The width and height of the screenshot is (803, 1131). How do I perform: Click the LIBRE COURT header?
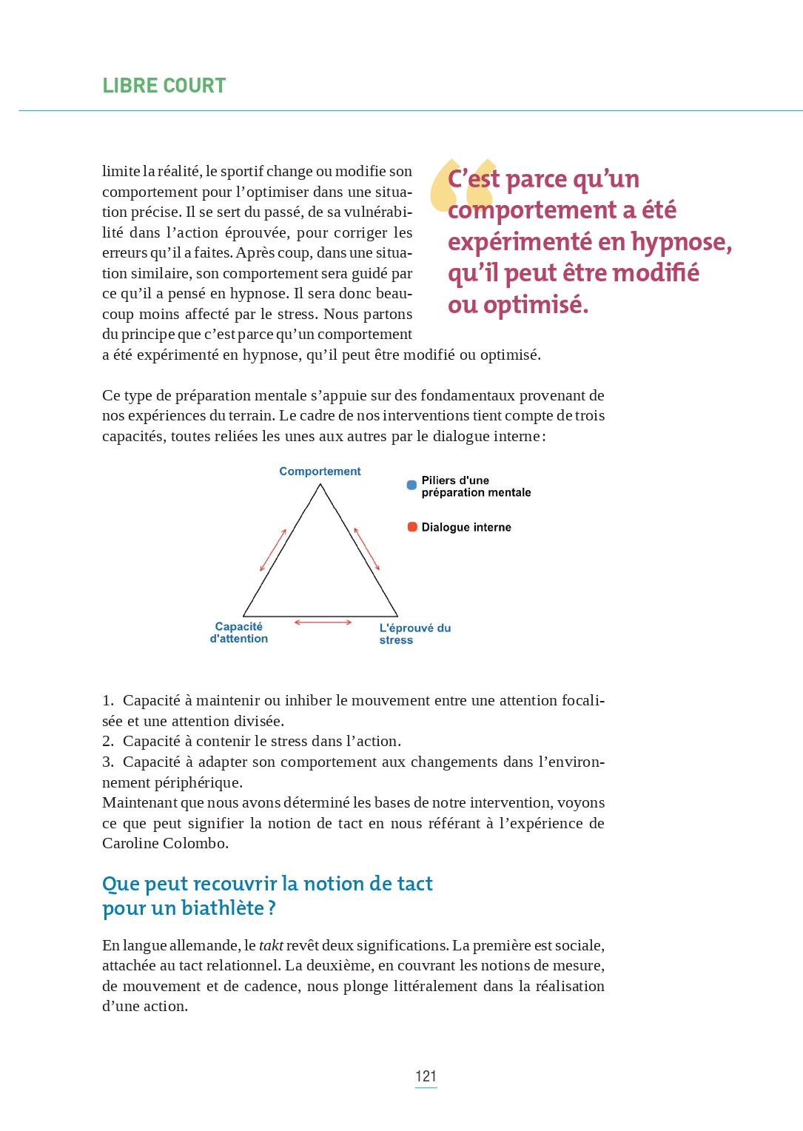(x=164, y=86)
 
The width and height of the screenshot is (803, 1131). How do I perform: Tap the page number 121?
(x=426, y=1075)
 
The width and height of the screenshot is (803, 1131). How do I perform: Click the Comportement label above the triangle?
(x=320, y=471)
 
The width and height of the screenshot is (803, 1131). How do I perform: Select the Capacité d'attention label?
(x=238, y=633)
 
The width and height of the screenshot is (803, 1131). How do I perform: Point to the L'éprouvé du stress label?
(x=414, y=634)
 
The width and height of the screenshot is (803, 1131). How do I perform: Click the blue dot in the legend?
(x=411, y=486)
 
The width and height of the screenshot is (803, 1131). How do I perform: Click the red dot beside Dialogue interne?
(x=412, y=527)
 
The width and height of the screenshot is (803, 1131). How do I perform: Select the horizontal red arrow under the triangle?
(x=323, y=622)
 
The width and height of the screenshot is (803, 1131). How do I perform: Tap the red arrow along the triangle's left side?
(x=273, y=550)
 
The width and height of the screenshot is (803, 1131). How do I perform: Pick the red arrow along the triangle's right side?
(x=367, y=548)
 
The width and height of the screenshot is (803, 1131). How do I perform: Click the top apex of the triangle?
(x=320, y=485)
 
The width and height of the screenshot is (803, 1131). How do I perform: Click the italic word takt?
(x=271, y=945)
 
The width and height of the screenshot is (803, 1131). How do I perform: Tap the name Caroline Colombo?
(x=165, y=843)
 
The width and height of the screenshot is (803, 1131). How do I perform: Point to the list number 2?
(x=108, y=742)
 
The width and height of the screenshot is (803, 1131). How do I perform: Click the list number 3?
(x=108, y=762)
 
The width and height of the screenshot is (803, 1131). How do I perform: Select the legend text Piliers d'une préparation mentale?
(x=476, y=486)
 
